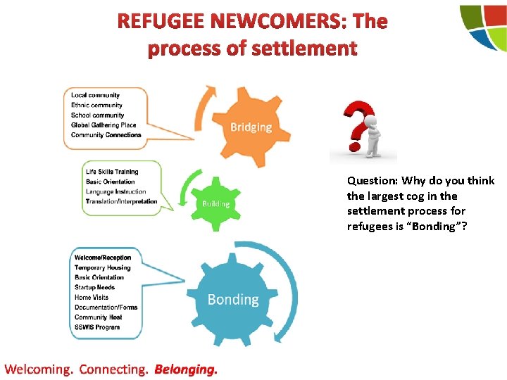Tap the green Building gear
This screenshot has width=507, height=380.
[x=215, y=203]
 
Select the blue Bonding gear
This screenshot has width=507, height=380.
[x=232, y=299]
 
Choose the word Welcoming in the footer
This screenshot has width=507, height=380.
[x=39, y=369]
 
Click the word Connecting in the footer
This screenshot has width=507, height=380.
[x=113, y=369]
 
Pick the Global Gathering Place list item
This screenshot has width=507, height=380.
[x=104, y=125]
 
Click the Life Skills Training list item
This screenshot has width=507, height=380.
[x=112, y=172]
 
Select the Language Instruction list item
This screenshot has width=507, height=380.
[x=116, y=191]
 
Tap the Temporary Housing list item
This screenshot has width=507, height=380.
[x=103, y=267]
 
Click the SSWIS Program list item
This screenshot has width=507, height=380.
[x=97, y=327]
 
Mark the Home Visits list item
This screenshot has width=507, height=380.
[x=92, y=297]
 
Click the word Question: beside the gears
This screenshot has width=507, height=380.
[x=373, y=181]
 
